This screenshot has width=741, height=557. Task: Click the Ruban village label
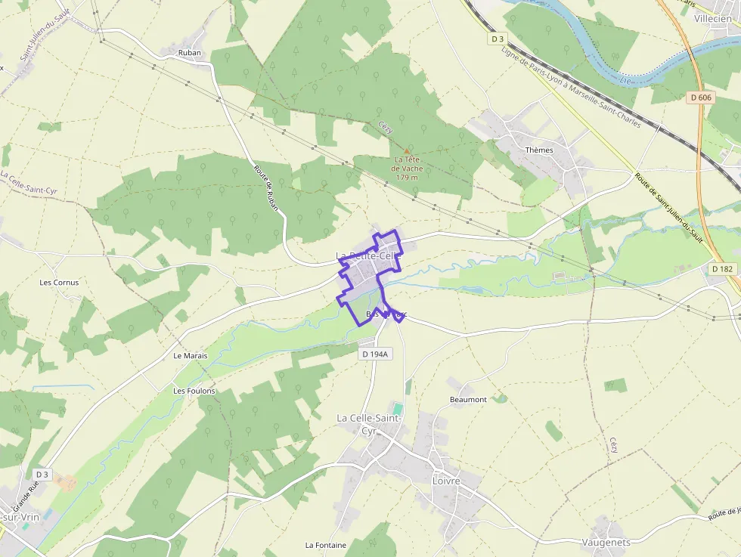189,53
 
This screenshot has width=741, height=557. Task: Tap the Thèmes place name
539,150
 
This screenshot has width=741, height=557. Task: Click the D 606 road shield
701,97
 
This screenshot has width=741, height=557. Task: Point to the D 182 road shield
723,269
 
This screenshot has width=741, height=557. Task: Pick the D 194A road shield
374,354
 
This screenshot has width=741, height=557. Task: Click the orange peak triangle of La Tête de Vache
407,150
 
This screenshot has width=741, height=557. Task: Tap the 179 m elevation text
407,178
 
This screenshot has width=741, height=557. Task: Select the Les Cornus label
59,283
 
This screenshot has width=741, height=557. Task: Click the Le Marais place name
190,355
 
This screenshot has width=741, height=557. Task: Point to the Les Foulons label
194,391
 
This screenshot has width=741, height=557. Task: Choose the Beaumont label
468,399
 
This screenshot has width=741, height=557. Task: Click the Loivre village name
446,481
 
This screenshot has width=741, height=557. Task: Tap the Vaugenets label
606,542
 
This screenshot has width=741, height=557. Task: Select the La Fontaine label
325,545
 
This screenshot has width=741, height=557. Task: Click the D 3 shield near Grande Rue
42,475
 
